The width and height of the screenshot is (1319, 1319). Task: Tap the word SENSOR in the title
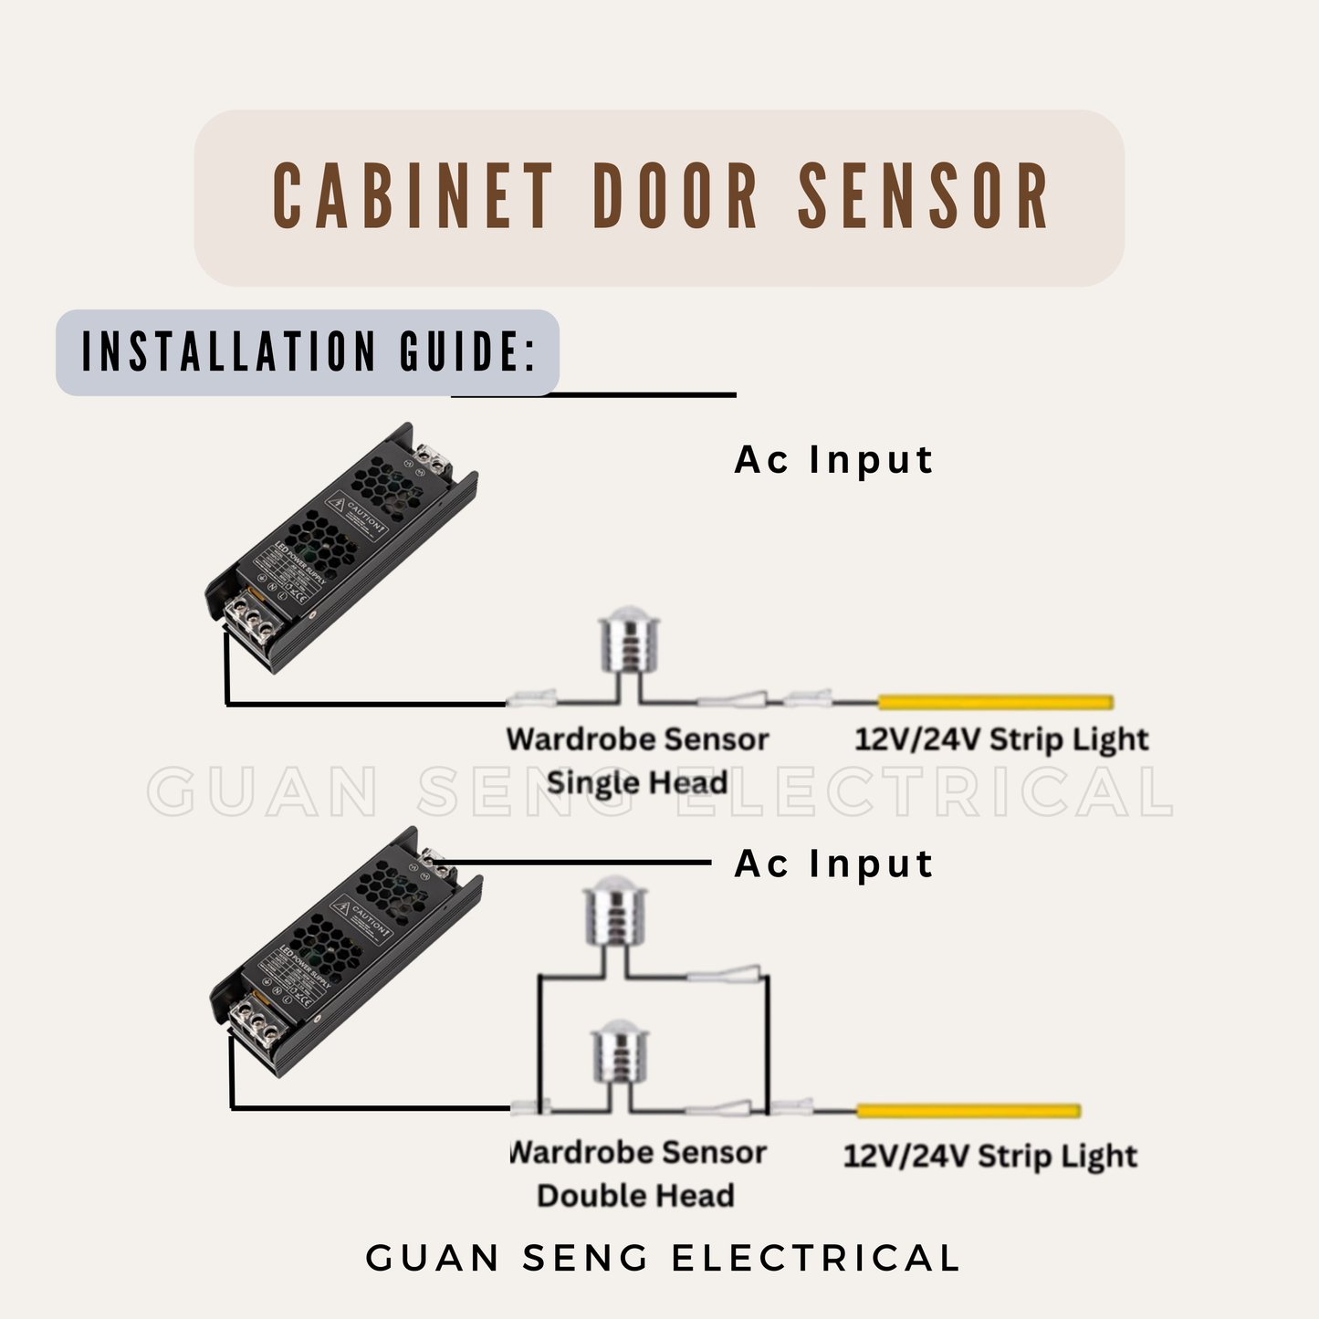[x=924, y=196]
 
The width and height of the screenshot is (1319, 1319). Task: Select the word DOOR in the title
[x=675, y=196]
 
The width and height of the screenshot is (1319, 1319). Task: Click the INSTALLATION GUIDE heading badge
[x=308, y=352]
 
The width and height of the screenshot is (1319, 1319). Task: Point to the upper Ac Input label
[x=834, y=460]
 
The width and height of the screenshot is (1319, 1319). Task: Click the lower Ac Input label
[x=834, y=864]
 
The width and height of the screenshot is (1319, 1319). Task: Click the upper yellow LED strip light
[x=995, y=702]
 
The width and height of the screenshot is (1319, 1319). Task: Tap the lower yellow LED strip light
[x=968, y=1111]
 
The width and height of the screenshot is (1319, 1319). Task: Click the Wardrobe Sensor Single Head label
[x=637, y=760]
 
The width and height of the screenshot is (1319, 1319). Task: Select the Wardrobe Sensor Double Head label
[x=637, y=1173]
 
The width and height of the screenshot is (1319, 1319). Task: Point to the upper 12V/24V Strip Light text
[x=1001, y=739]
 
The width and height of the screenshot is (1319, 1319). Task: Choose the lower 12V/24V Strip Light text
[x=989, y=1157]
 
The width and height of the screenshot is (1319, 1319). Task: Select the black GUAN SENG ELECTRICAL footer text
[x=663, y=1258]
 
